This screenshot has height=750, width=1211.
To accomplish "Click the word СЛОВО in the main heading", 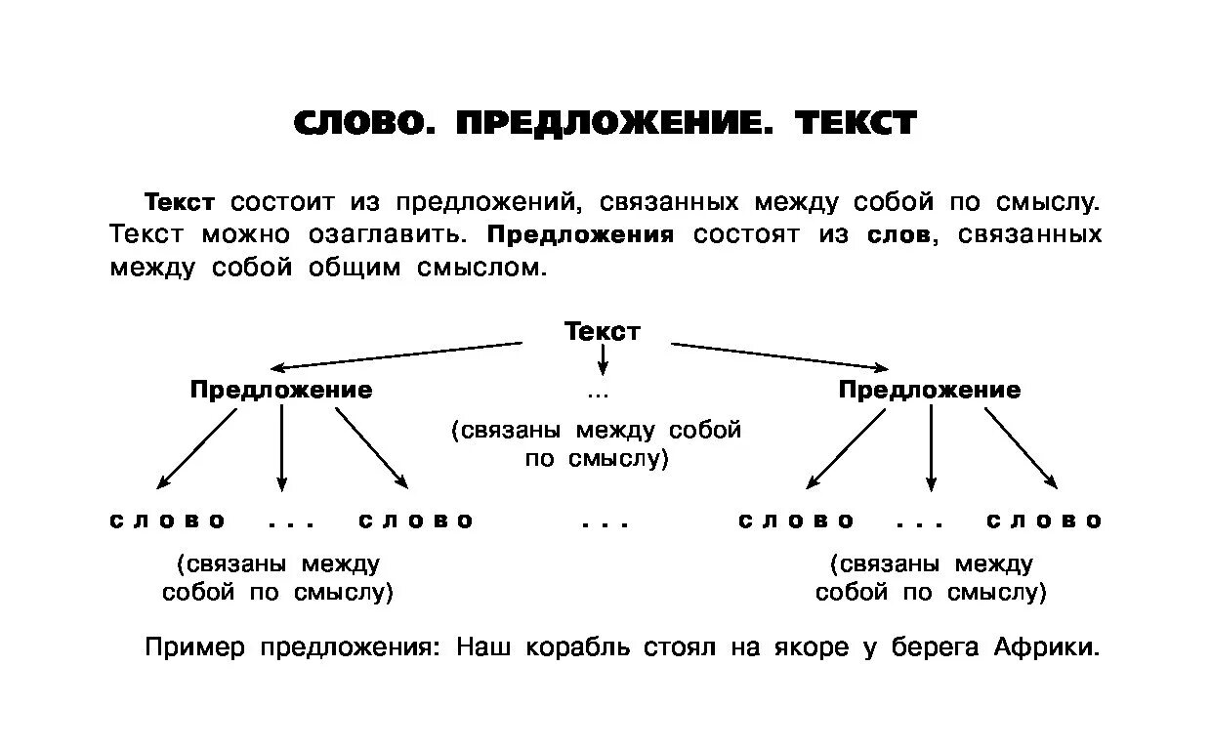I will click(x=359, y=123).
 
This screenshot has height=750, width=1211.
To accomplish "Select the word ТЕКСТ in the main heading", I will click(x=856, y=123).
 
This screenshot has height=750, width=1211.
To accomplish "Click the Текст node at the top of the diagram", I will click(x=603, y=331).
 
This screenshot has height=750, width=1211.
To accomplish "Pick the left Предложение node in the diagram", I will click(x=281, y=390).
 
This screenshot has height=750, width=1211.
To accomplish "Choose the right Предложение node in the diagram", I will click(x=929, y=390).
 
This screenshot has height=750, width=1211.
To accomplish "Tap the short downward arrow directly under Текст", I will click(x=603, y=360).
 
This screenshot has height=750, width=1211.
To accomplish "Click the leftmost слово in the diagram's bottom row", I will click(x=168, y=521).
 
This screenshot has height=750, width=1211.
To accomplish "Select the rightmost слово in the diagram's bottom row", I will click(x=1044, y=521).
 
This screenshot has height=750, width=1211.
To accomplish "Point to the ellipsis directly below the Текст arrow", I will click(x=599, y=396).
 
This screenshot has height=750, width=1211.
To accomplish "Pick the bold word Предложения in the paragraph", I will click(x=580, y=235).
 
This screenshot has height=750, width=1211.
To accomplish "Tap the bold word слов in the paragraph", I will click(x=898, y=235).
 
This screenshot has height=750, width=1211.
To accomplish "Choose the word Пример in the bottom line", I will click(x=195, y=647).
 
